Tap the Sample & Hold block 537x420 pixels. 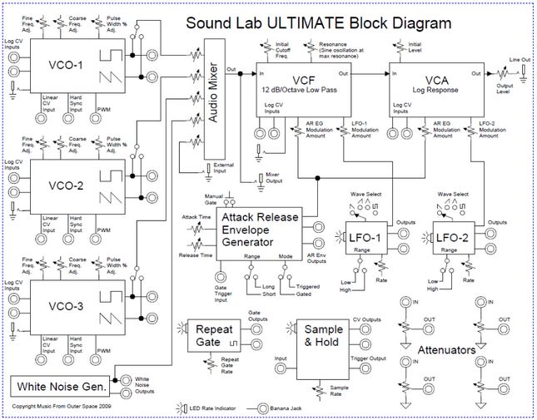[x=323, y=335]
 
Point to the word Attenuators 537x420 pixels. [x=446, y=350]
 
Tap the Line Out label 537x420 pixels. [x=520, y=59]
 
